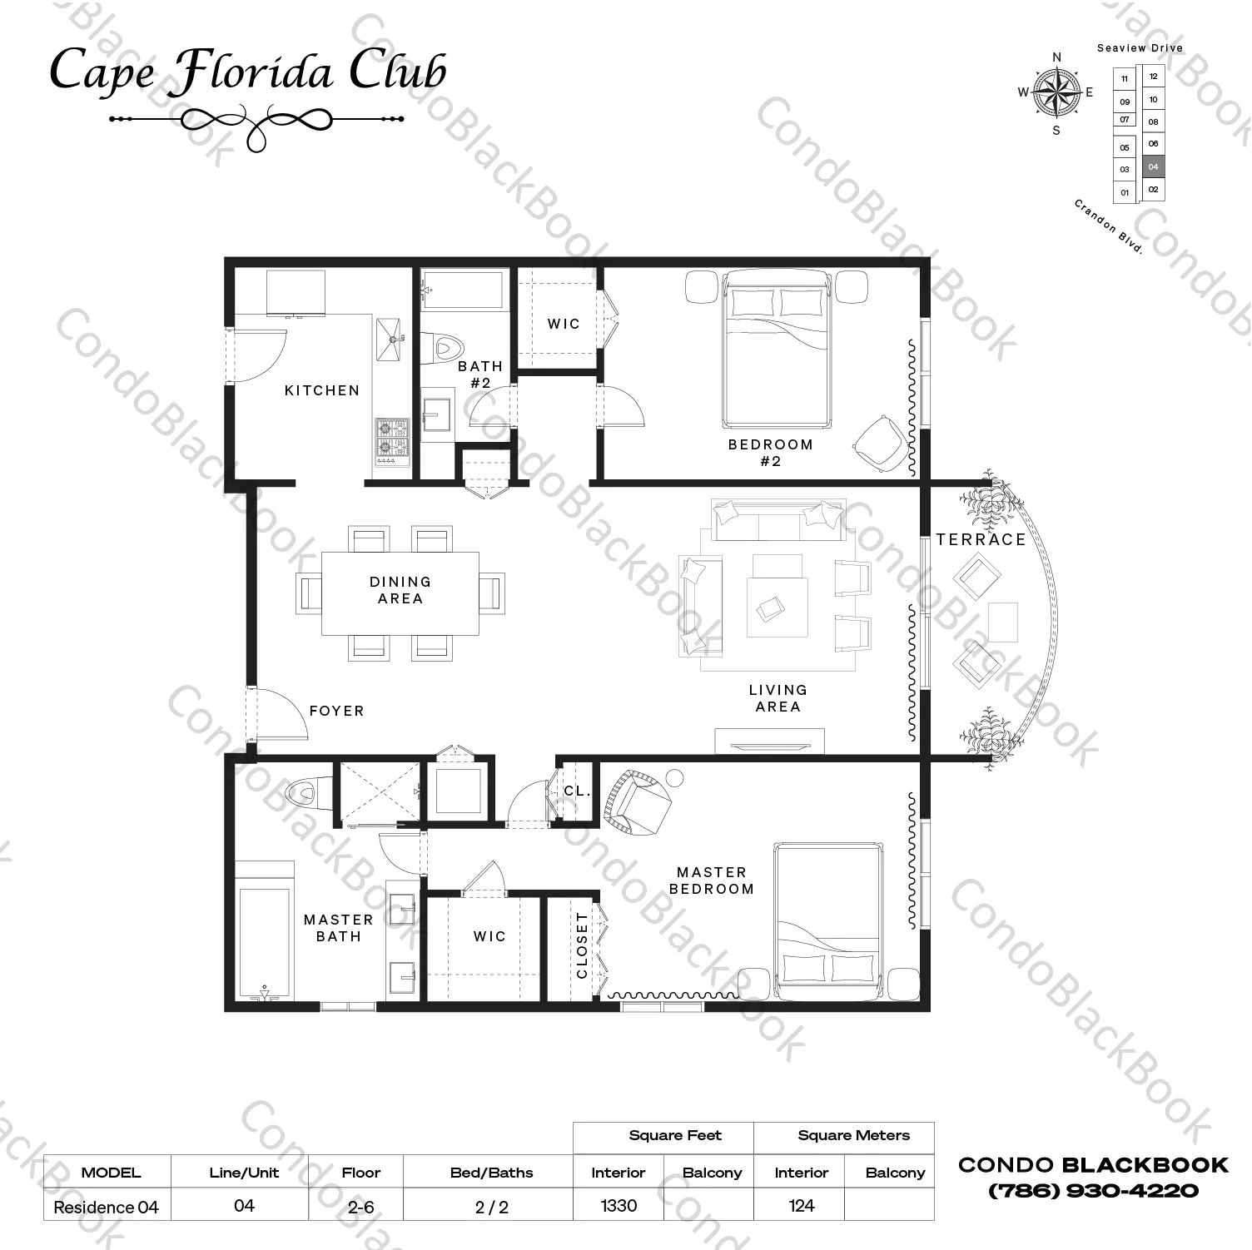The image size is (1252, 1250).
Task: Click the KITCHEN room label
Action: tap(322, 390)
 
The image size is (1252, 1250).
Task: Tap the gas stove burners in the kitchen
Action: tap(391, 440)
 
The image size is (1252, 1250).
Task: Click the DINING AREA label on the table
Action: tap(400, 590)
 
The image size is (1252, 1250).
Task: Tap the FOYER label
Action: tap(337, 711)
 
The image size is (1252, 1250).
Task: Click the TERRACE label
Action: tap(981, 539)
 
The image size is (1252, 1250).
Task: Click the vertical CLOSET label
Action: tap(582, 945)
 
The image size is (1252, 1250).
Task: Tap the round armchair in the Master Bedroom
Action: tap(638, 803)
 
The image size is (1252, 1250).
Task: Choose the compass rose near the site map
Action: tap(1056, 92)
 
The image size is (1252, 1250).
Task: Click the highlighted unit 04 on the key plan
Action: tap(1153, 167)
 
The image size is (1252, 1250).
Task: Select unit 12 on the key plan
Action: tap(1153, 77)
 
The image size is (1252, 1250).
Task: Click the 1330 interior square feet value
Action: tap(619, 1206)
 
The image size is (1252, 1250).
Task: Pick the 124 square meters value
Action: tap(802, 1206)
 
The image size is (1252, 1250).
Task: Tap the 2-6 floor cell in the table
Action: tap(361, 1207)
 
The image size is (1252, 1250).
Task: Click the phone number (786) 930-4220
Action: tap(1093, 1191)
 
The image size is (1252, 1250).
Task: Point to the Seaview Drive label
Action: tap(1140, 48)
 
